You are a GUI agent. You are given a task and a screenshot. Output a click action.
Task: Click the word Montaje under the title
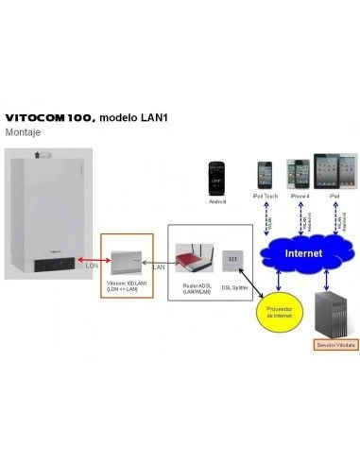(x=33, y=134)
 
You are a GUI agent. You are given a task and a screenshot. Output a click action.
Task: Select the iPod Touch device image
(x=265, y=175)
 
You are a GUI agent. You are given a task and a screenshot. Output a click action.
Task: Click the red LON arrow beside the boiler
(x=90, y=256)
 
